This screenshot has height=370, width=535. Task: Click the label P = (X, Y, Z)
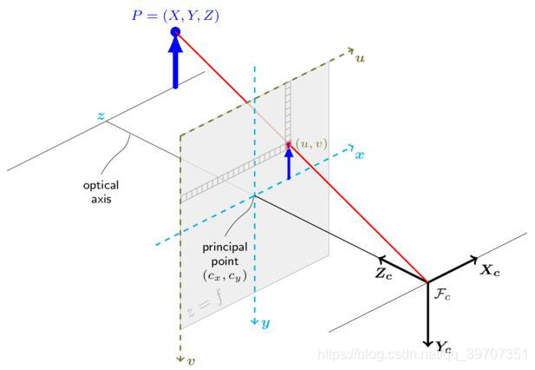tap(176, 14)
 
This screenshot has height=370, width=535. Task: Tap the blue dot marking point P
tap(175, 33)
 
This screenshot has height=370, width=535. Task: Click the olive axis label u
tap(360, 58)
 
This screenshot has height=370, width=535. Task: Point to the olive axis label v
tap(192, 360)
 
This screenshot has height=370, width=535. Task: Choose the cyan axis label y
tap(265, 323)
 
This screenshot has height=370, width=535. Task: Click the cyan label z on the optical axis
tap(101, 116)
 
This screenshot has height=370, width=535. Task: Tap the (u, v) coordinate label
tap(311, 142)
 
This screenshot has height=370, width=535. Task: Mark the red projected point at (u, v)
tap(289, 144)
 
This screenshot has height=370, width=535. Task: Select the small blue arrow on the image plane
tap(289, 163)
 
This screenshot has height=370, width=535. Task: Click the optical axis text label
tap(101, 192)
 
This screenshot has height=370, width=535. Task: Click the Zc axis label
tap(382, 271)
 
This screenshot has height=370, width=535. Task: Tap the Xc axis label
tap(491, 270)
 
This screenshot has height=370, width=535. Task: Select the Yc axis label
tap(443, 347)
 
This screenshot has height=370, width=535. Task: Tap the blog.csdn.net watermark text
tap(422, 354)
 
